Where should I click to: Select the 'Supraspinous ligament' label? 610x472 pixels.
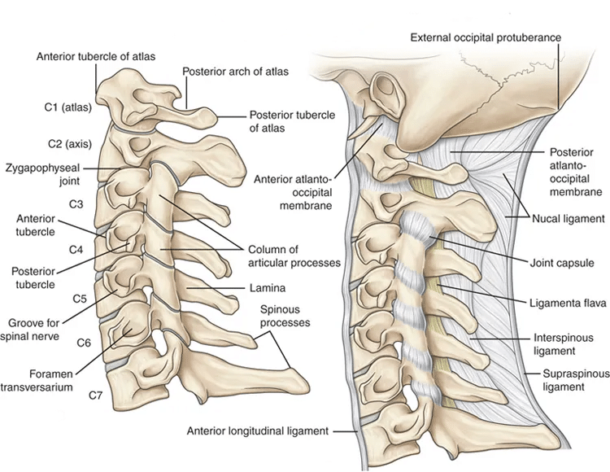point(564,380)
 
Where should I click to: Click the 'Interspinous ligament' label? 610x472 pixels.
point(564,342)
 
